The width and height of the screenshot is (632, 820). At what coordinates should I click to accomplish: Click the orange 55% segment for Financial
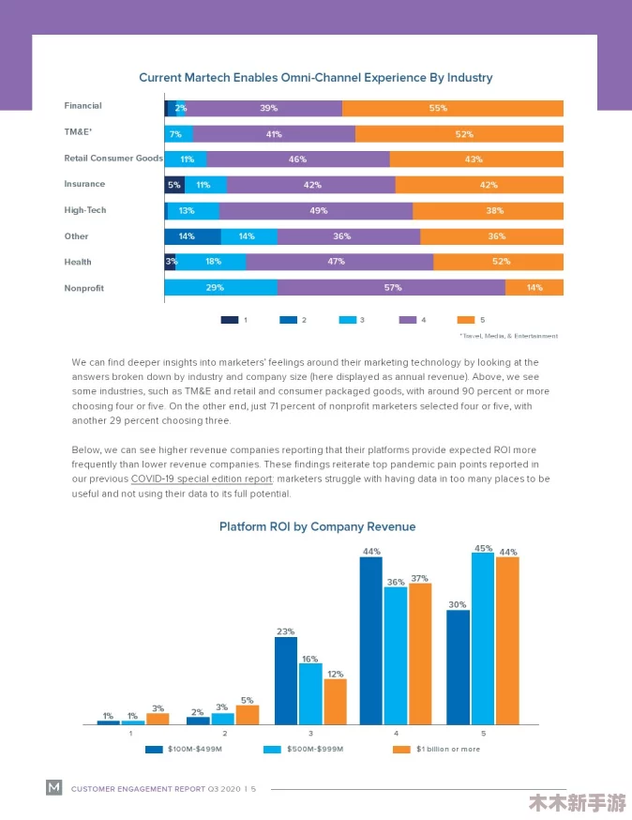pyautogui.click(x=453, y=108)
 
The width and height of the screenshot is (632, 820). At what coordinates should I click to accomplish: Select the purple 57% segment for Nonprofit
pyautogui.click(x=392, y=287)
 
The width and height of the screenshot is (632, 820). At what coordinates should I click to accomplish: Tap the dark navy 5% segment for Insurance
pyautogui.click(x=174, y=185)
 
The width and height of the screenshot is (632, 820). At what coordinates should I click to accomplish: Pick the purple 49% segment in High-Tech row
pyautogui.click(x=316, y=211)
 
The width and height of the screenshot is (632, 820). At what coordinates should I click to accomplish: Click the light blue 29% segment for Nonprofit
pyautogui.click(x=221, y=287)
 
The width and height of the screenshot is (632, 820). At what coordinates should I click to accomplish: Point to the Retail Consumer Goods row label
pyautogui.click(x=113, y=158)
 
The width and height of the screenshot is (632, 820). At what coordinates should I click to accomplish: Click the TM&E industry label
pyautogui.click(x=78, y=131)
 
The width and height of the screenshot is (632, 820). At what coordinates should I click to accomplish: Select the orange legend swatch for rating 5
pyautogui.click(x=466, y=320)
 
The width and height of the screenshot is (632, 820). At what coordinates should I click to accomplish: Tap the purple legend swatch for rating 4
pyautogui.click(x=408, y=320)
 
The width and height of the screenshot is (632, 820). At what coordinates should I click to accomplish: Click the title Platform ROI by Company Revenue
pyautogui.click(x=317, y=526)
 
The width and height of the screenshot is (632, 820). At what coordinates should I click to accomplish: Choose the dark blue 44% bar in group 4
pyautogui.click(x=370, y=641)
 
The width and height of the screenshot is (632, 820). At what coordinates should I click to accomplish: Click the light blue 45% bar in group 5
pyautogui.click(x=483, y=639)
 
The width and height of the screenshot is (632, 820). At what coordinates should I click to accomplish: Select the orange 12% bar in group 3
pyautogui.click(x=335, y=702)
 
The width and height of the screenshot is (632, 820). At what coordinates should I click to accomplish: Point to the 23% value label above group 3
pyautogui.click(x=285, y=631)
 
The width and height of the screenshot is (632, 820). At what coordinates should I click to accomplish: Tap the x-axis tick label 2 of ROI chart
pyautogui.click(x=225, y=733)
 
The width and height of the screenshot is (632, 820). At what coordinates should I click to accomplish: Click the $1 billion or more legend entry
pyautogui.click(x=437, y=749)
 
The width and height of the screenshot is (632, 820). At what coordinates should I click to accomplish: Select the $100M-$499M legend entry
pyautogui.click(x=184, y=749)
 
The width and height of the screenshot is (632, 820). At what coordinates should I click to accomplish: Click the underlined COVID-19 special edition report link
pyautogui.click(x=202, y=479)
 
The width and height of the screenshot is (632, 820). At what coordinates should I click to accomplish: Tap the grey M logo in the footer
pyautogui.click(x=53, y=787)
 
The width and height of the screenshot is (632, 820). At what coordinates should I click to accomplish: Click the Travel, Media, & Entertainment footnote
pyautogui.click(x=508, y=336)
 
